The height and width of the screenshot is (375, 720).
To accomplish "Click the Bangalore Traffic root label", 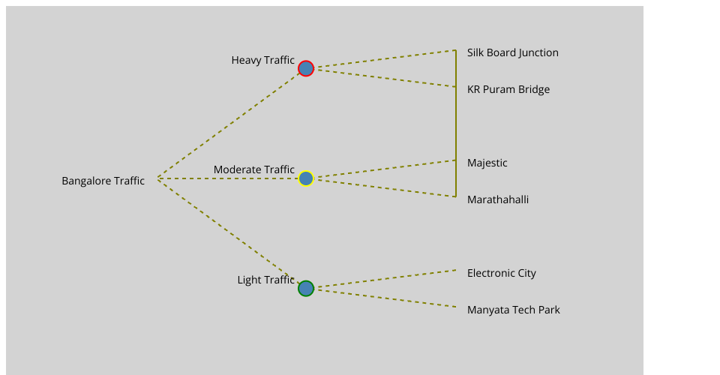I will point(103,181).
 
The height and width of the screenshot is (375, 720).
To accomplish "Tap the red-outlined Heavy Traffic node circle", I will point(305,68).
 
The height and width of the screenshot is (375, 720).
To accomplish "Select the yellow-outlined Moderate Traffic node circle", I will point(305,178).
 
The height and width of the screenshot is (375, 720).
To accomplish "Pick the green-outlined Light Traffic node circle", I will point(305,288).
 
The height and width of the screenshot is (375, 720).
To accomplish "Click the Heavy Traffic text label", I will point(262,60).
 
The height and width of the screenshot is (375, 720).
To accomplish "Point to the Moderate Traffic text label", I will point(253,170).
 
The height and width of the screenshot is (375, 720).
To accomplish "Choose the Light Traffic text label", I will point(265,280).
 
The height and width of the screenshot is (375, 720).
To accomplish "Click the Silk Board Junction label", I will point(512,52).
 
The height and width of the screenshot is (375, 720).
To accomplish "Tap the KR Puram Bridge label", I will point(508,89).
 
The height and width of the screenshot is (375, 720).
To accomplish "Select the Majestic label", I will point(487,163).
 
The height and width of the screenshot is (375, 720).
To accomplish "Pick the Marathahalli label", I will point(497,199).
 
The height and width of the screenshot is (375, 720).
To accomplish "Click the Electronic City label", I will point(501,273).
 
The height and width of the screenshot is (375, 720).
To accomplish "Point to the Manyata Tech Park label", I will point(513,310).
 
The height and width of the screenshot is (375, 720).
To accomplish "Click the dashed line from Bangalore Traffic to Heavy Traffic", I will point(229,124).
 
